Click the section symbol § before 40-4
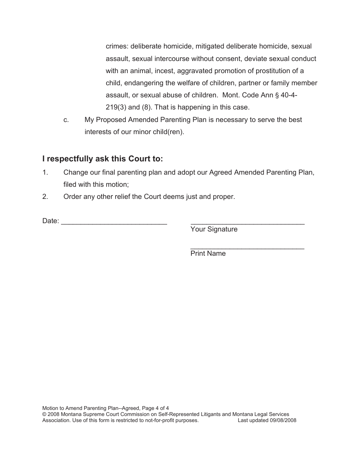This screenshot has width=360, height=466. (x=277, y=95)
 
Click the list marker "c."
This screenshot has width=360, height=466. (x=66, y=120)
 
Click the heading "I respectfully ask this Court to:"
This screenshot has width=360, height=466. (x=103, y=158)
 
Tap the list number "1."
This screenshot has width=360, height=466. (x=45, y=172)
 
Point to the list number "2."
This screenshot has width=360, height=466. (x=45, y=197)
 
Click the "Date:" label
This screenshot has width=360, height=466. (x=51, y=221)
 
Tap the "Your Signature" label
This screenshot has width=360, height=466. (x=214, y=229)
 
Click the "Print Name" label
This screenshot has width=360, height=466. (x=208, y=253)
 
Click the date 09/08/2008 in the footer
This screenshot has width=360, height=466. (x=283, y=420)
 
